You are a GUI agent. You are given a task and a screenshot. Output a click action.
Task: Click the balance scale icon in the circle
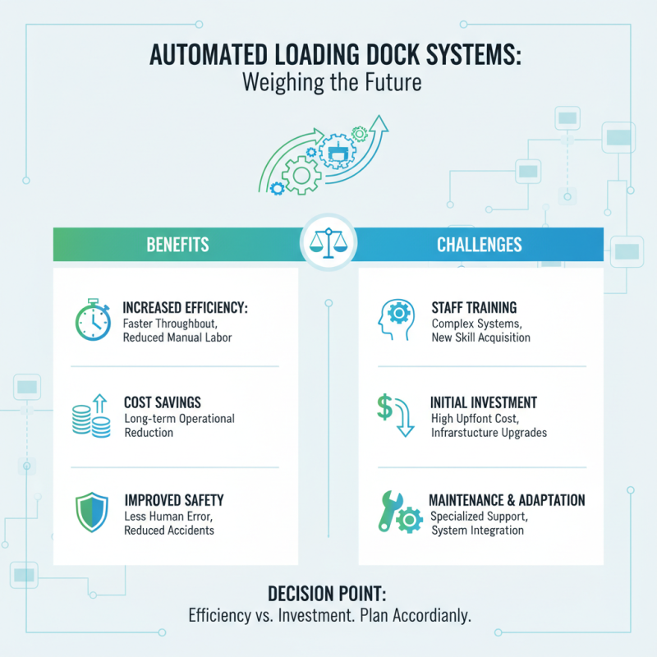(x=328, y=243)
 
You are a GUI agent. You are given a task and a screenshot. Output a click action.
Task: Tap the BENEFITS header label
(x=177, y=245)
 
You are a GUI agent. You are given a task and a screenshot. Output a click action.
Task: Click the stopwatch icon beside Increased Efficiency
(x=93, y=319)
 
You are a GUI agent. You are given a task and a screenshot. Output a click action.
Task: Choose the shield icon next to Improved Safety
(x=92, y=515)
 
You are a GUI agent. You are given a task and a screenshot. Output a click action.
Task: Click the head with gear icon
(x=397, y=319)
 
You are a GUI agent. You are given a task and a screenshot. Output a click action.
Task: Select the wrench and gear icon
(x=397, y=514)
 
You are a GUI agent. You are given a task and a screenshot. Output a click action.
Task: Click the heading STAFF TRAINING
(x=474, y=308)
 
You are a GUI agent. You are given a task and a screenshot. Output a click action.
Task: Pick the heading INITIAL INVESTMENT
(x=483, y=403)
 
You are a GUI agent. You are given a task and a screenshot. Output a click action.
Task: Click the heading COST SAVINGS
(x=163, y=403)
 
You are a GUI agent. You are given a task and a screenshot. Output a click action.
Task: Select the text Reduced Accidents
(x=169, y=531)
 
